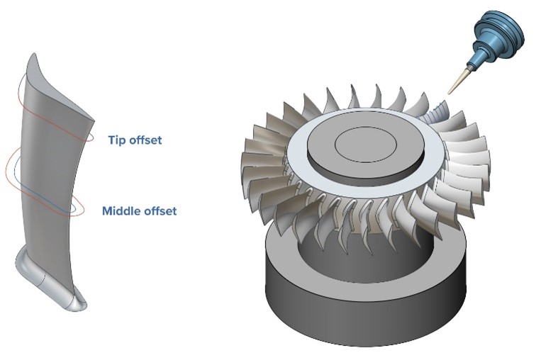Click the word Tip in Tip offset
click(x=118, y=140)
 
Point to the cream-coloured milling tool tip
click(x=456, y=81)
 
